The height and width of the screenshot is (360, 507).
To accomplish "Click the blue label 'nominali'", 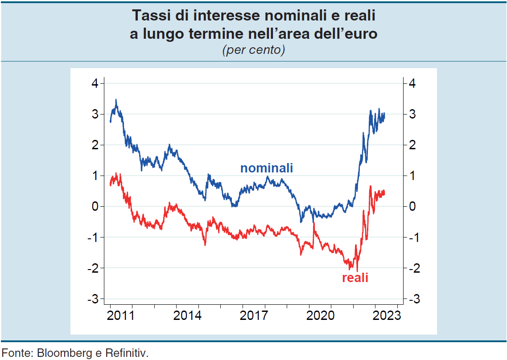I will click(x=267, y=168).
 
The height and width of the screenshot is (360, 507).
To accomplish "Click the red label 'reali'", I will click(x=355, y=278).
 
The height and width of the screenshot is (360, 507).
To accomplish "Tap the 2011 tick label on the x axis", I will click(x=121, y=316).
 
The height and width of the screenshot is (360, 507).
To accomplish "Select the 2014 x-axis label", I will click(x=187, y=316).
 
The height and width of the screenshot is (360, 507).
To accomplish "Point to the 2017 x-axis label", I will click(x=254, y=316).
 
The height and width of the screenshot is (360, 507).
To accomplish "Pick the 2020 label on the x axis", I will click(x=321, y=316).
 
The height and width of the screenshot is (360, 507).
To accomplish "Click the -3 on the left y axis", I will click(x=93, y=299).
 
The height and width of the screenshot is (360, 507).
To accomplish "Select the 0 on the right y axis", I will click(x=412, y=206).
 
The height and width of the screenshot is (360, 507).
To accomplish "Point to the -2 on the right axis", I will click(x=414, y=268).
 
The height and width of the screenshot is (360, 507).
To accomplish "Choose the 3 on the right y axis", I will click(x=412, y=114).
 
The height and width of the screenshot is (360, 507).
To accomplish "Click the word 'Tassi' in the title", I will click(x=150, y=16).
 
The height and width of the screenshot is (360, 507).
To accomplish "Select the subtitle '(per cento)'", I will click(x=253, y=50).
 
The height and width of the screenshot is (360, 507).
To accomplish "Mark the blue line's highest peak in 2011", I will click(x=116, y=100).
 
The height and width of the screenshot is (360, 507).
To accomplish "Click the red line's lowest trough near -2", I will click(x=357, y=270).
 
